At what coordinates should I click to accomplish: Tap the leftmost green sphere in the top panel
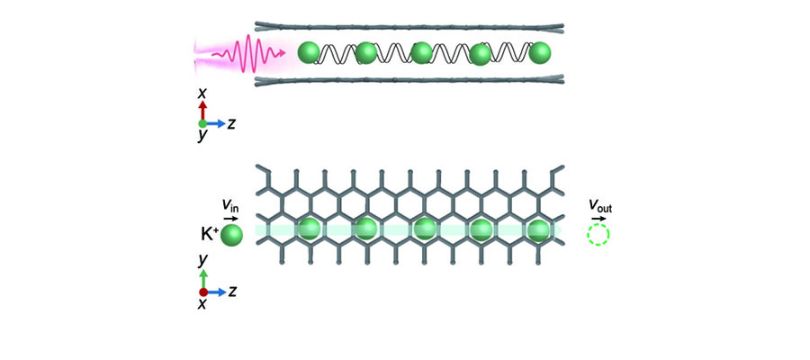point(309,53)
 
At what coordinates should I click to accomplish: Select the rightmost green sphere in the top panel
point(539,53)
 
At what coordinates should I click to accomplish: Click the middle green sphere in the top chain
point(422,53)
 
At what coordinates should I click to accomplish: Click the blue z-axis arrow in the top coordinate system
point(215,122)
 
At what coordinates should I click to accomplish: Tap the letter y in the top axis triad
point(202,135)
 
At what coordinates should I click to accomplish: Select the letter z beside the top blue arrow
point(231,123)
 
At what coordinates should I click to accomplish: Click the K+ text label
point(208,236)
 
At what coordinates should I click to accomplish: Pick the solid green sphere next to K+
point(231,236)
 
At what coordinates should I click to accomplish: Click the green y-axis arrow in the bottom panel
point(203,278)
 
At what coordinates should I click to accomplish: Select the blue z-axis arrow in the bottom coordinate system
point(215,292)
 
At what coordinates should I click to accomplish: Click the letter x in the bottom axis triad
point(202,305)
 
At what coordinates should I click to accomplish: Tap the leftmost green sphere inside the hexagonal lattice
point(309,229)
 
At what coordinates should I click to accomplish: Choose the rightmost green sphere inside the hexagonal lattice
point(539,229)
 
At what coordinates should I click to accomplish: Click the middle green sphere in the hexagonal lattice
point(422,229)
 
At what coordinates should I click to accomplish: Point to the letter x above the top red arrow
point(203,93)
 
